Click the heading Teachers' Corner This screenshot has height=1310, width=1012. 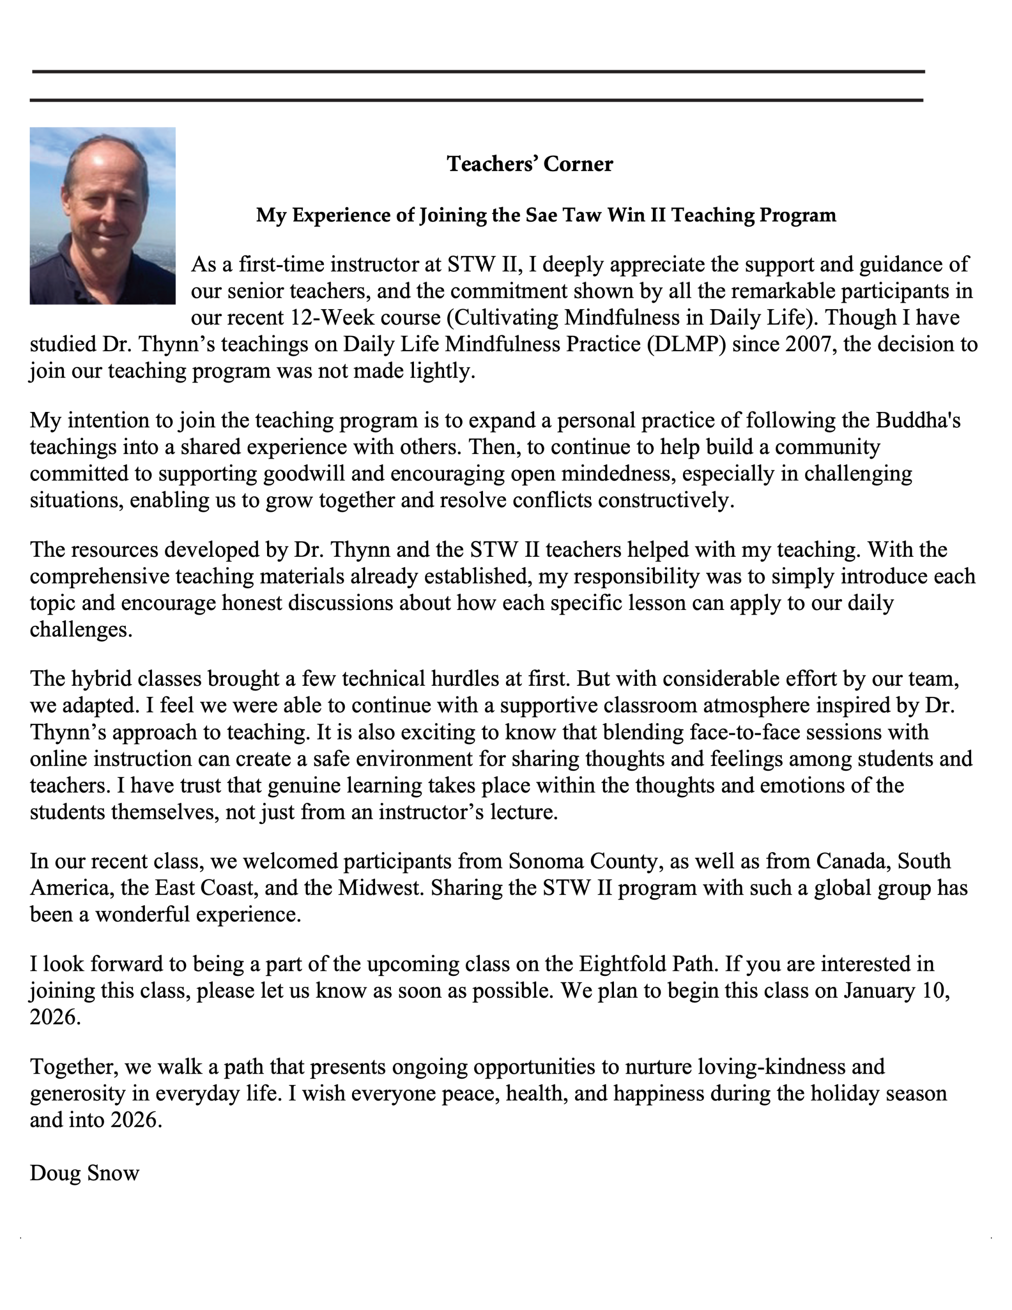(530, 164)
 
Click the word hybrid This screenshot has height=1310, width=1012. (101, 679)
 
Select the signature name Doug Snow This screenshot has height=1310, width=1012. (84, 1173)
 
